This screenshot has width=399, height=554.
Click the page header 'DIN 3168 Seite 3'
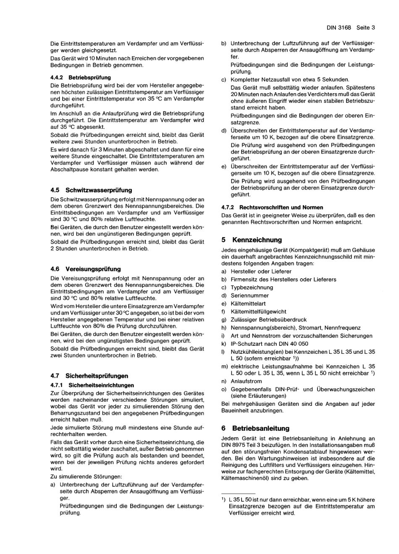pos(350,28)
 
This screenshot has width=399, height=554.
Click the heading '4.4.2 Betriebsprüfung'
pos(80,77)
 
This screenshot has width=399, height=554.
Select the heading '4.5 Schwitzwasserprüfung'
pos(91,190)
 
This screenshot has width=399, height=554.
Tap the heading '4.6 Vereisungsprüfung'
pos(85,269)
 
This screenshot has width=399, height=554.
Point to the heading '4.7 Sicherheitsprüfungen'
pos(89,376)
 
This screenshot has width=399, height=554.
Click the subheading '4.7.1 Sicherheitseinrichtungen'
pos(92,385)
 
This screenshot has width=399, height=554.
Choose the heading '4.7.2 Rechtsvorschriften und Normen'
pos(272,207)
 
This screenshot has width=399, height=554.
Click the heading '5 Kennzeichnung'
pos(252,240)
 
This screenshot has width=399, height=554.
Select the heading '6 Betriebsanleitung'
pos(255,429)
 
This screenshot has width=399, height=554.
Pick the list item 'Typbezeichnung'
pos(252,287)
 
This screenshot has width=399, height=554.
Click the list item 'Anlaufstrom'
pos(246,381)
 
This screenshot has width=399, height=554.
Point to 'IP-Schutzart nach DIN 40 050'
pos(269,344)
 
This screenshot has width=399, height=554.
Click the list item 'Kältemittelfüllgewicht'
pos(258,311)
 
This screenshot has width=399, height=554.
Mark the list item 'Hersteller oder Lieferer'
pos(261,272)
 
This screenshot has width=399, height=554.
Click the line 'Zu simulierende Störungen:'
pos(86,477)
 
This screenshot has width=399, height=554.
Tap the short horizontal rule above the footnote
pos(238,494)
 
